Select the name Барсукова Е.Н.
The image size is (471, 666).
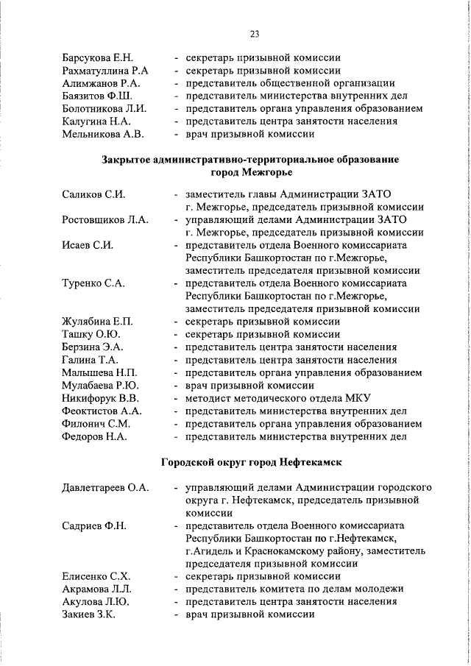click(x=96, y=57)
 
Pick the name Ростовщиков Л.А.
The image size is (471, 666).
click(x=105, y=220)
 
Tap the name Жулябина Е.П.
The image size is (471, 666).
click(x=97, y=322)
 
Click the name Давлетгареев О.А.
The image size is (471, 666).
click(x=105, y=487)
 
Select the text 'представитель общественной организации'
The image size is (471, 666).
click(x=289, y=83)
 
